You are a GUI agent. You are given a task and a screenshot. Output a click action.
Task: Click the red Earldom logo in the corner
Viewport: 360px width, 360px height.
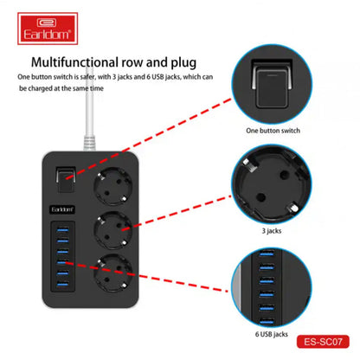click(48, 29)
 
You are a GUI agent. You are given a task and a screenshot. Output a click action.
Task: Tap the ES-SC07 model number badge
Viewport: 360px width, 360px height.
click(323, 342)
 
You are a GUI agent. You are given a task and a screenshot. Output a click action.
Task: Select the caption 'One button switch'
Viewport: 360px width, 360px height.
click(273, 131)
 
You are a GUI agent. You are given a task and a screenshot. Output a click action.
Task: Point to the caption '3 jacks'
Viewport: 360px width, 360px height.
click(272, 231)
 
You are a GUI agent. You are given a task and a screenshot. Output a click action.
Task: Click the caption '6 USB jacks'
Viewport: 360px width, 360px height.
click(272, 334)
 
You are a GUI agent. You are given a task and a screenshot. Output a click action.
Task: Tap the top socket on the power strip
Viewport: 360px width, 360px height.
click(112, 185)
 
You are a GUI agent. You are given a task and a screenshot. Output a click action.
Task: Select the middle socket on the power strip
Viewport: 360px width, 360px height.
click(112, 230)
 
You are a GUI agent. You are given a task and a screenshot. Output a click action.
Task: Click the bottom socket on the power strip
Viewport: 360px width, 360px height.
click(112, 273)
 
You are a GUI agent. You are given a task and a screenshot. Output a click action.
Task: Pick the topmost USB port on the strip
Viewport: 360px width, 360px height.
click(62, 230)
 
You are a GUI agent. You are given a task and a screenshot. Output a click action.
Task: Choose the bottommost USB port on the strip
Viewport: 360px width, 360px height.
click(62, 285)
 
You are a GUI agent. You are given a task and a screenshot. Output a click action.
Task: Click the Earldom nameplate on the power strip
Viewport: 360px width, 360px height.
click(62, 209)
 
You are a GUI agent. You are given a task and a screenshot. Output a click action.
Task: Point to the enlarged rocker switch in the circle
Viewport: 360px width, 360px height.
click(271, 86)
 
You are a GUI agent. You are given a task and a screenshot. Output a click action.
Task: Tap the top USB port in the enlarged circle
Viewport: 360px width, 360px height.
click(267, 254)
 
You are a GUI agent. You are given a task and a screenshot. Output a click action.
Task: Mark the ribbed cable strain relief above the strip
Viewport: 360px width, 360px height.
click(89, 143)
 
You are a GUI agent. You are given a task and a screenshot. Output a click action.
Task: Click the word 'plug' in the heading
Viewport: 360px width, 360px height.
click(183, 63)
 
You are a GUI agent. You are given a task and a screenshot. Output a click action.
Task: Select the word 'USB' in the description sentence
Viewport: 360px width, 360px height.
click(158, 77)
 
